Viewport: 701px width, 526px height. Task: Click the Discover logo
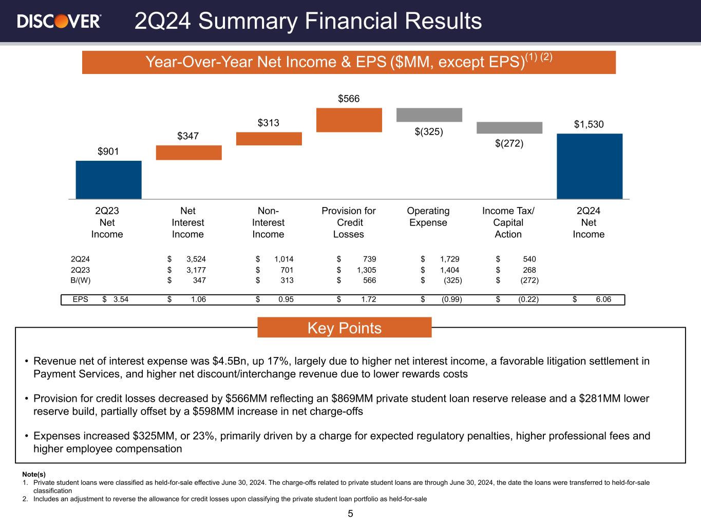click(x=59, y=21)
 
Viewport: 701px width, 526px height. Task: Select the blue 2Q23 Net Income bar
click(x=108, y=180)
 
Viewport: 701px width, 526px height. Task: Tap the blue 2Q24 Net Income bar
click(x=590, y=166)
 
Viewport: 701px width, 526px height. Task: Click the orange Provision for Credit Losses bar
click(x=349, y=120)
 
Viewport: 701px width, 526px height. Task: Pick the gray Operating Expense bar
click(x=429, y=115)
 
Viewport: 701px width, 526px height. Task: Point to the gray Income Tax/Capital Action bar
click(x=509, y=127)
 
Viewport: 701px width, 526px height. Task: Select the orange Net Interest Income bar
click(x=188, y=153)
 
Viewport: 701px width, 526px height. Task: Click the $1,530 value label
click(x=589, y=124)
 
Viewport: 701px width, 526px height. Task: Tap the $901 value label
click(x=108, y=152)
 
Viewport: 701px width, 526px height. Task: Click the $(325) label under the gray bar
click(x=429, y=131)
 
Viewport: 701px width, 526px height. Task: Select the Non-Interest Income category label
click(x=268, y=222)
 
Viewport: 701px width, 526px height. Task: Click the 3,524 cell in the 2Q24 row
click(x=196, y=259)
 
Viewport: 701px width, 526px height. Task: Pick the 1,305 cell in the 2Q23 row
click(x=366, y=270)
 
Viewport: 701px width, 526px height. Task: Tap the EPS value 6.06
click(x=603, y=299)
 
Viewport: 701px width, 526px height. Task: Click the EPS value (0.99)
click(x=452, y=299)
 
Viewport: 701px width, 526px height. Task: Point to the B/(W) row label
click(x=81, y=280)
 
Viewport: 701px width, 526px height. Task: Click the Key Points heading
click(x=344, y=328)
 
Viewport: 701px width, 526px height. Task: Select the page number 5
click(x=350, y=514)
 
